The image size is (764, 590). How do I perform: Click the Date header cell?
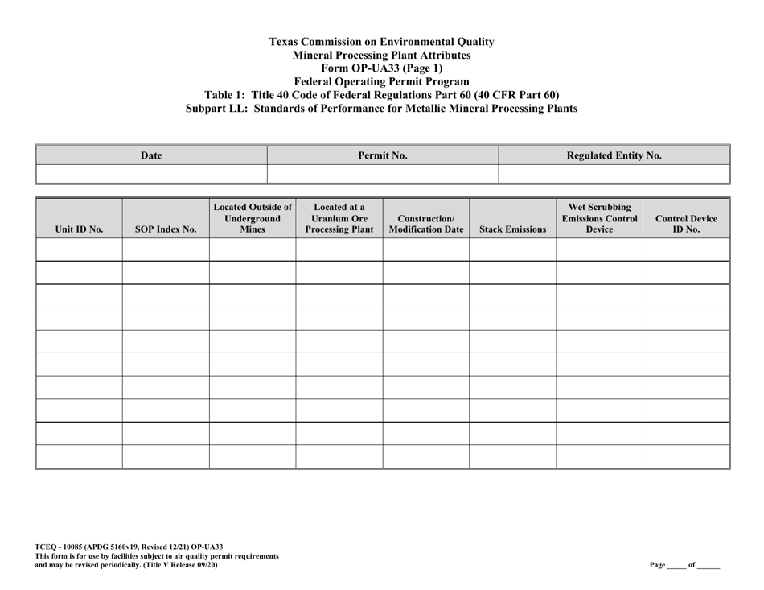[x=151, y=155]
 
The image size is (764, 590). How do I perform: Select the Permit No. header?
[x=383, y=155]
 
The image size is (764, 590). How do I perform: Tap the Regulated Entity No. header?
[x=614, y=155]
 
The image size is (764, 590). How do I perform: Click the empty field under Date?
[x=151, y=173]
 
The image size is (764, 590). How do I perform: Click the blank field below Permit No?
[x=383, y=173]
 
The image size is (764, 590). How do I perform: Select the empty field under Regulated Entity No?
[x=614, y=173]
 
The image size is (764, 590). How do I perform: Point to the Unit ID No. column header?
[x=79, y=229]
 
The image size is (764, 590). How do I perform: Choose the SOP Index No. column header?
[x=166, y=229]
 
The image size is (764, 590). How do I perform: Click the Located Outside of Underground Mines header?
[x=253, y=217]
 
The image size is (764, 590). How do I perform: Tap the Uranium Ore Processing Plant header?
[x=339, y=217]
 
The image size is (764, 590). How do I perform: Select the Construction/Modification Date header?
[x=425, y=223]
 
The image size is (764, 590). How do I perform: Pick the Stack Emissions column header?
[x=512, y=229]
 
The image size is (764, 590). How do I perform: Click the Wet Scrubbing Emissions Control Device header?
[x=599, y=217]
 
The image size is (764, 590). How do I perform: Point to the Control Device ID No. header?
[x=686, y=223]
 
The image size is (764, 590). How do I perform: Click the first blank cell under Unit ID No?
[x=79, y=250]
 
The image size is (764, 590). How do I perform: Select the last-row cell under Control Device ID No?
[x=686, y=457]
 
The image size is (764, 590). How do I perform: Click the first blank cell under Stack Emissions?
[x=512, y=250]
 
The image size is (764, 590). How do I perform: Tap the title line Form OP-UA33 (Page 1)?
[x=381, y=68]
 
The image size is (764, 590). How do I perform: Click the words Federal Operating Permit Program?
[x=381, y=81]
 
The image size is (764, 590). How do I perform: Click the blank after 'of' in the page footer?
[x=709, y=565]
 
